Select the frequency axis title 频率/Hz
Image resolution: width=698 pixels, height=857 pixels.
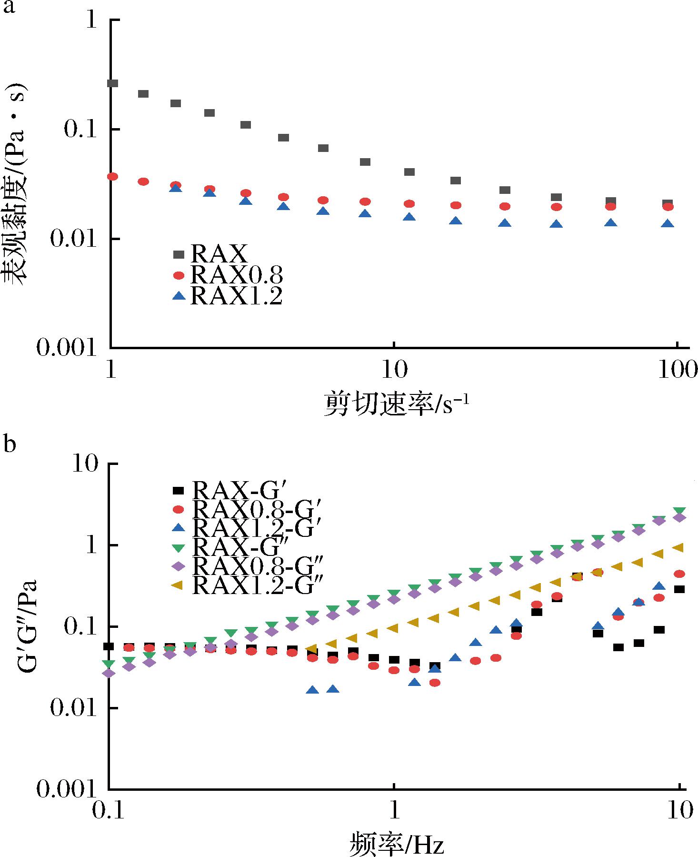(397, 843)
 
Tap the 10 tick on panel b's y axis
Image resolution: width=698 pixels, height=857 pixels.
(85, 464)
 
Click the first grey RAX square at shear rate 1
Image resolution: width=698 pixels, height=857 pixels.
(113, 83)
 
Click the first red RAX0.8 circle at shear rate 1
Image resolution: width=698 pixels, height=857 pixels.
(113, 177)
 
